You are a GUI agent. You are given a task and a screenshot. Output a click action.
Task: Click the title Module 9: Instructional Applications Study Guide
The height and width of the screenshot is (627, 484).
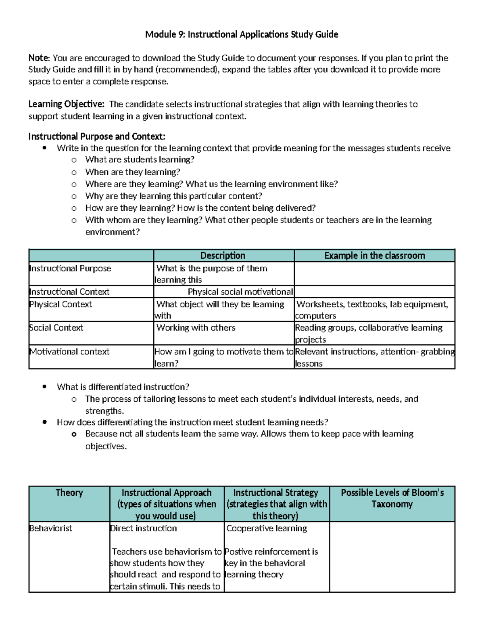pos(242,34)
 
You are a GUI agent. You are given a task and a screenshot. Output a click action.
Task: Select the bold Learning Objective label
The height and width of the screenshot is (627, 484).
pos(66,104)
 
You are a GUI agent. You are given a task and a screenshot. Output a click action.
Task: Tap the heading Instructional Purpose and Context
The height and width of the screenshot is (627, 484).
pos(97,136)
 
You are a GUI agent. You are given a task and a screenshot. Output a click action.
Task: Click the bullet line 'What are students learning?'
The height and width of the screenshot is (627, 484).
pos(140,160)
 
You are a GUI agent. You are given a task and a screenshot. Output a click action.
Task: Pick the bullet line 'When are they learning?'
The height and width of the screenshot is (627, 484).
pos(133,172)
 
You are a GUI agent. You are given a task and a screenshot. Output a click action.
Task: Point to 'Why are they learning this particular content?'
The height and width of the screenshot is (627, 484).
pos(173,196)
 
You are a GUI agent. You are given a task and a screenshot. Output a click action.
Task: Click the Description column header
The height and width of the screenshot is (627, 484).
pos(223,256)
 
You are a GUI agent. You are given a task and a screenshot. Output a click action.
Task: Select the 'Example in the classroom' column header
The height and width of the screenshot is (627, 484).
pos(374,256)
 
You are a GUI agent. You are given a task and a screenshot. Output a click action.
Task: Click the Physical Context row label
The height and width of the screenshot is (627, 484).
pos(60,304)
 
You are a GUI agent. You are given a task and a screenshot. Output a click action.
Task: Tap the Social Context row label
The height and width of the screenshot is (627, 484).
pos(56,328)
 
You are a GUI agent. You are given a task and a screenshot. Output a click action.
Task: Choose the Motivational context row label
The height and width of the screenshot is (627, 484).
pos(69,352)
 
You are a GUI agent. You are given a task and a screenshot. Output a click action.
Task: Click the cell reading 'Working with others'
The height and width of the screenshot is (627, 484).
pos(196,328)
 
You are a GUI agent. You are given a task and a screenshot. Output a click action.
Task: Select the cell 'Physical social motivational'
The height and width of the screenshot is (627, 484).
pos(240,292)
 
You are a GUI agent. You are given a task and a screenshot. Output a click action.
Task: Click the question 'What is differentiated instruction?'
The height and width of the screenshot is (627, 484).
pos(123,387)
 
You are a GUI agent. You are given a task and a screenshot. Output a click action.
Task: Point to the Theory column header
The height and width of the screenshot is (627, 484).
pos(69,493)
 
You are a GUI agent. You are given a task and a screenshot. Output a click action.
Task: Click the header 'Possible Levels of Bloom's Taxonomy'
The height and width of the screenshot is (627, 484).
pos(392,498)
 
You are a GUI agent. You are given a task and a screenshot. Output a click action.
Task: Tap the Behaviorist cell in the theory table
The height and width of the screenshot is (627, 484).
pos(50,528)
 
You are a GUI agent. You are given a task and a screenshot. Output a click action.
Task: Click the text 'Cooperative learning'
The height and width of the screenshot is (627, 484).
pos(267,528)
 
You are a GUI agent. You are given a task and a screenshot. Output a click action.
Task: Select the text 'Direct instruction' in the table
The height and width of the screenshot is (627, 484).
pos(143,528)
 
